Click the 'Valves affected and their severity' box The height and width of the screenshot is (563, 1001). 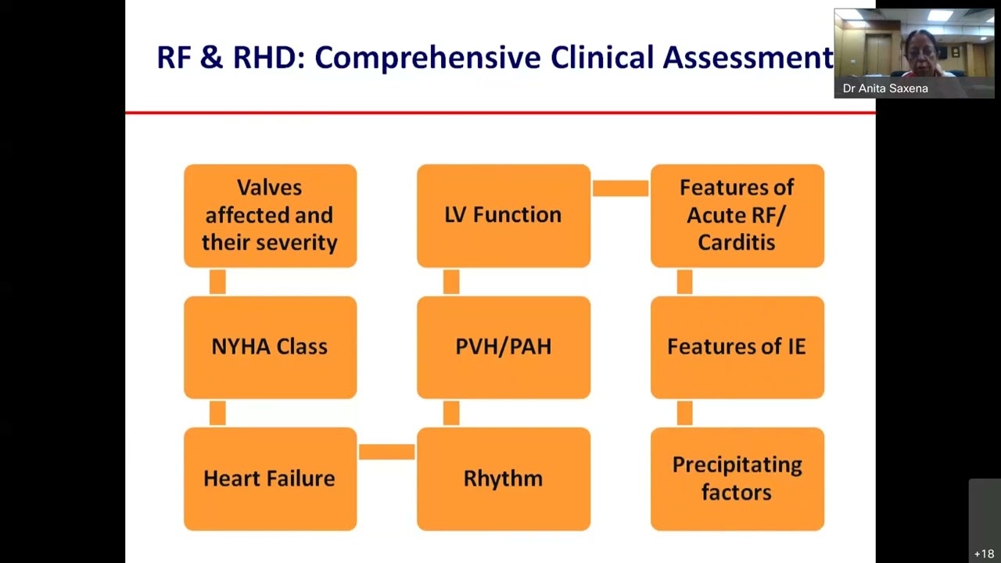click(x=270, y=215)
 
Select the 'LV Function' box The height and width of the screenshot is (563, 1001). click(x=503, y=215)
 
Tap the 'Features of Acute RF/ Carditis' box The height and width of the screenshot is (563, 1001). click(x=737, y=215)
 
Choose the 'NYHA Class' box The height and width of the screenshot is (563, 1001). click(x=270, y=347)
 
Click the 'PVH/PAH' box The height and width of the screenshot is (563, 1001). click(x=503, y=347)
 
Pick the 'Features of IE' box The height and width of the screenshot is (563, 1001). click(x=737, y=347)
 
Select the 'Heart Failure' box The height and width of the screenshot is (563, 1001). click(x=270, y=479)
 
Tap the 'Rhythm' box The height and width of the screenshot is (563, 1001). click(x=503, y=479)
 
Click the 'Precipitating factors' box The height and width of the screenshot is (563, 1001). click(x=737, y=479)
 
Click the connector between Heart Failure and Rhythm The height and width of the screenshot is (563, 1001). click(x=386, y=452)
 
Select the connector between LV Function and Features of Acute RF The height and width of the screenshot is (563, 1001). click(x=620, y=188)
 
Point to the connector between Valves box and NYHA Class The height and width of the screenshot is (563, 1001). click(x=217, y=281)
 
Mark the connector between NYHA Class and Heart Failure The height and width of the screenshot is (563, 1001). click(x=217, y=413)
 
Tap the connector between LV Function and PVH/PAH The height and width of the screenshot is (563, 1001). click(x=451, y=281)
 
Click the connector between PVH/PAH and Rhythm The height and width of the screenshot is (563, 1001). click(x=451, y=413)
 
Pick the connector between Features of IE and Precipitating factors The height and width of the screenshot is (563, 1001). click(x=684, y=413)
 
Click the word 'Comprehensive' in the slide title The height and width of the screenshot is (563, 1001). click(x=428, y=58)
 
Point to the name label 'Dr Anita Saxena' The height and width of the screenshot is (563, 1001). click(x=885, y=88)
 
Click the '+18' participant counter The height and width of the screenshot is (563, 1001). click(x=984, y=554)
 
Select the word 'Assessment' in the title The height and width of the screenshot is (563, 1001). click(x=748, y=58)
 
